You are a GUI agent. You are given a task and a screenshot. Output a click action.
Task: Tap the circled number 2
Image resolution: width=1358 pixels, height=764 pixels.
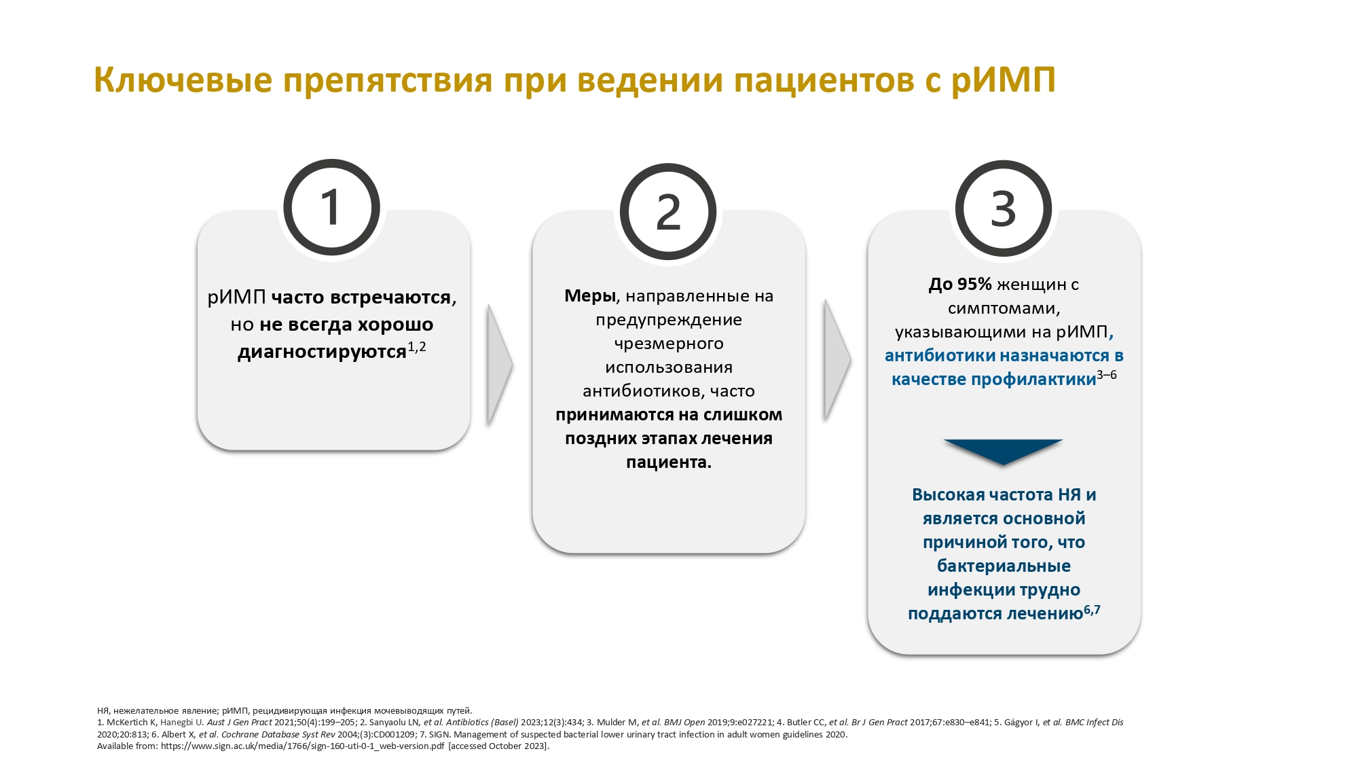pos(668,211)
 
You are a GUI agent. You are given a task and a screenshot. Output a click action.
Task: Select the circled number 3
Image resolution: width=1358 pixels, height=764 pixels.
pos(1004,208)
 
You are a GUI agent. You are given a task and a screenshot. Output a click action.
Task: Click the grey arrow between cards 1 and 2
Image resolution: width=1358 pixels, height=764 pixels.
pos(500,365)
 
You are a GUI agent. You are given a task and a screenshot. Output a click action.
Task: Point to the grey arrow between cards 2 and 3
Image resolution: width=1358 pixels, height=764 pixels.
pos(837,360)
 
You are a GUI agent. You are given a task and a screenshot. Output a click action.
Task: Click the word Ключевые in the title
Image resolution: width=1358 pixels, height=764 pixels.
pos(182,79)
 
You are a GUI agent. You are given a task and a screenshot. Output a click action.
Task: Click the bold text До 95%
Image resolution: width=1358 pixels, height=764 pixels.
pos(960,285)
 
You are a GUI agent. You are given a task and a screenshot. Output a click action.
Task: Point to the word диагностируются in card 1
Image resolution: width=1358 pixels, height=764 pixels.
pos(322,352)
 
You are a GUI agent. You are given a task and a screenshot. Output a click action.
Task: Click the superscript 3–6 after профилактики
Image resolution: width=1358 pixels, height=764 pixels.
pos(1107,375)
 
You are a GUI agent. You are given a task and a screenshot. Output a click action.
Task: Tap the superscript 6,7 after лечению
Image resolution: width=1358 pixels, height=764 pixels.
pos(1092,610)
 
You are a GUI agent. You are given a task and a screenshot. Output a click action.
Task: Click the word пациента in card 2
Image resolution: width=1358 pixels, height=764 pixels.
pos(666,463)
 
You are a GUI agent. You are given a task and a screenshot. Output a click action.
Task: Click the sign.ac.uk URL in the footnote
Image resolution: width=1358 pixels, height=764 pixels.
pos(303,746)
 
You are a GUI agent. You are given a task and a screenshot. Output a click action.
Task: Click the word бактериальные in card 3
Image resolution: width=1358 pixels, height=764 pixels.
pos(1004,566)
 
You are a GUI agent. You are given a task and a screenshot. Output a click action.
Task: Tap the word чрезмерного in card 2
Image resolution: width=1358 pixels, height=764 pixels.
pos(669,344)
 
